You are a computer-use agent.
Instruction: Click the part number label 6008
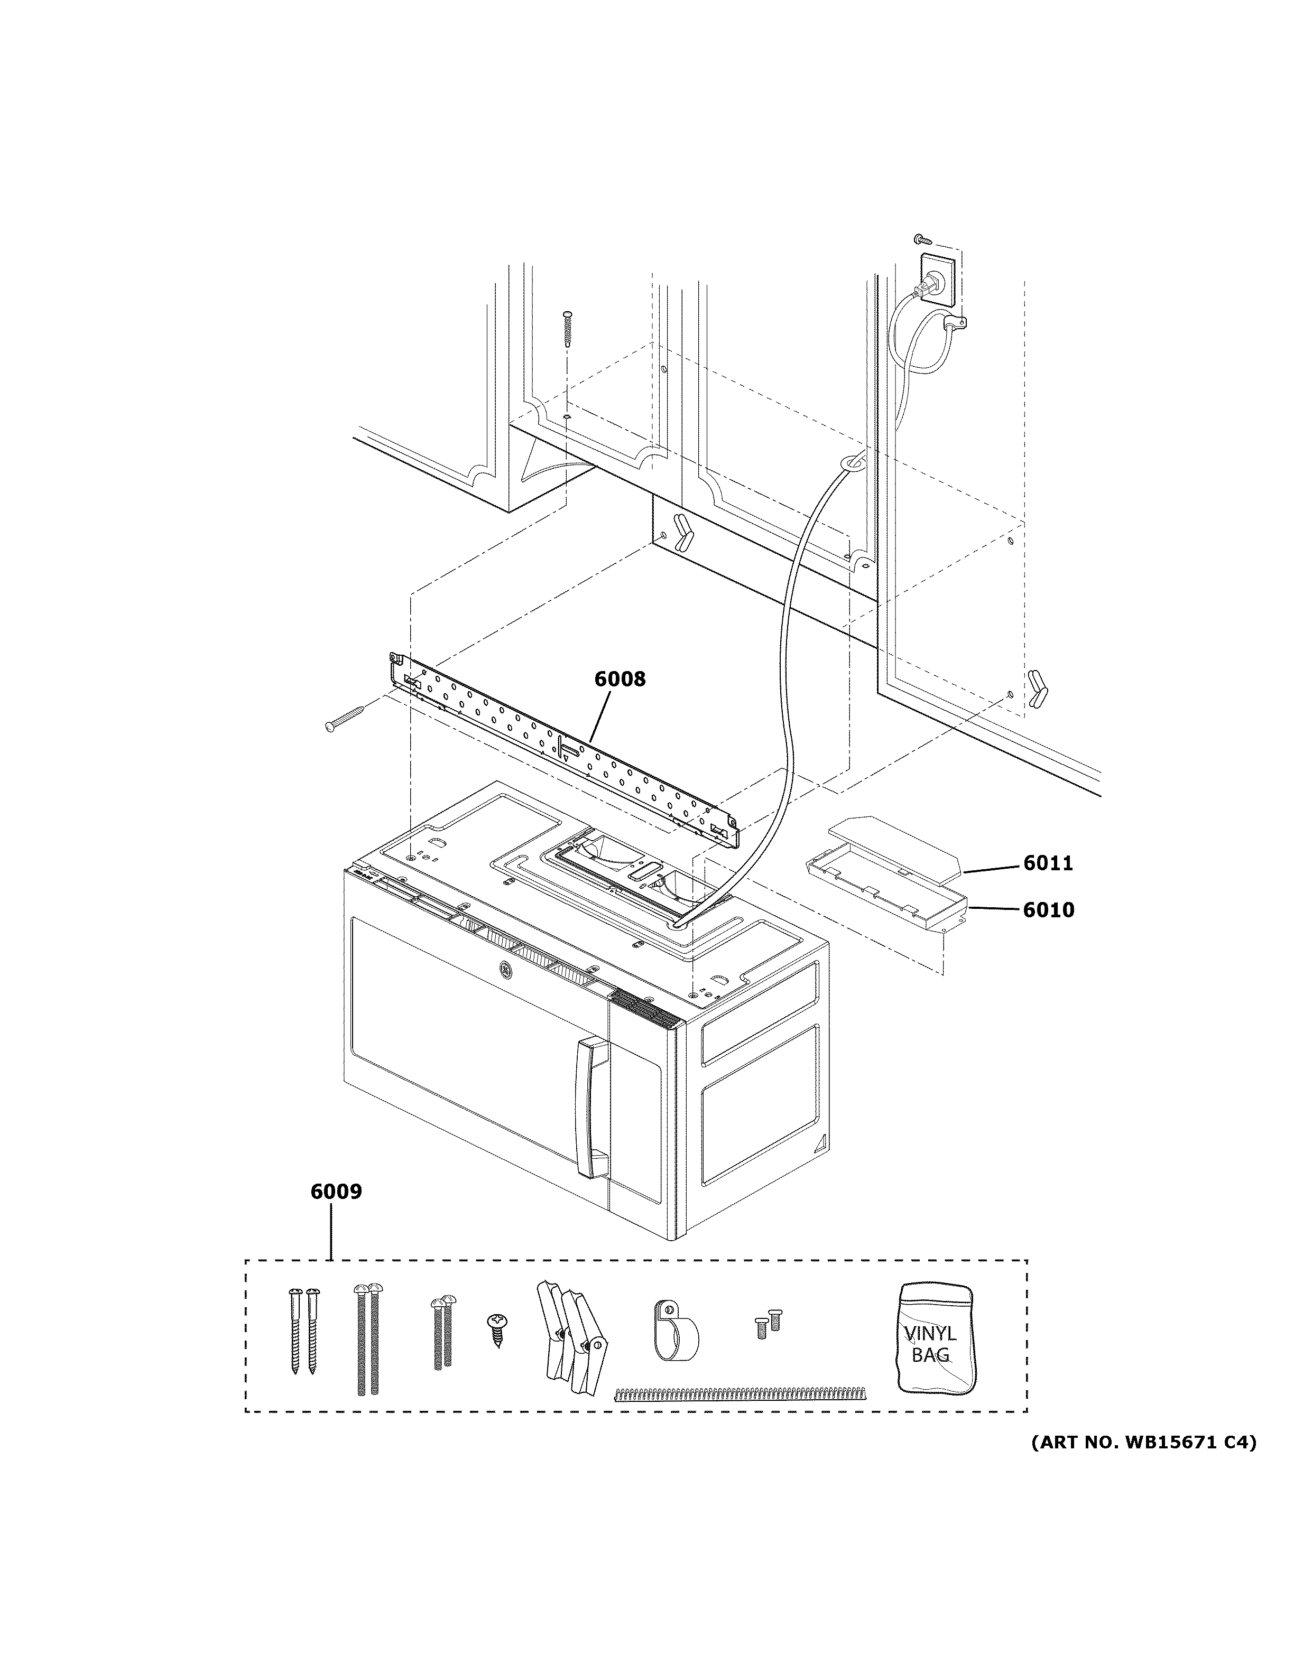[x=620, y=679]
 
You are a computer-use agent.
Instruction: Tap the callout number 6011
[x=1048, y=864]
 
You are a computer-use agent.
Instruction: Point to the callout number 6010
[x=1048, y=910]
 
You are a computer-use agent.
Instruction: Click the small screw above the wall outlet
[x=923, y=241]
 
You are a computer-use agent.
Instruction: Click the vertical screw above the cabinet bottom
[x=567, y=328]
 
